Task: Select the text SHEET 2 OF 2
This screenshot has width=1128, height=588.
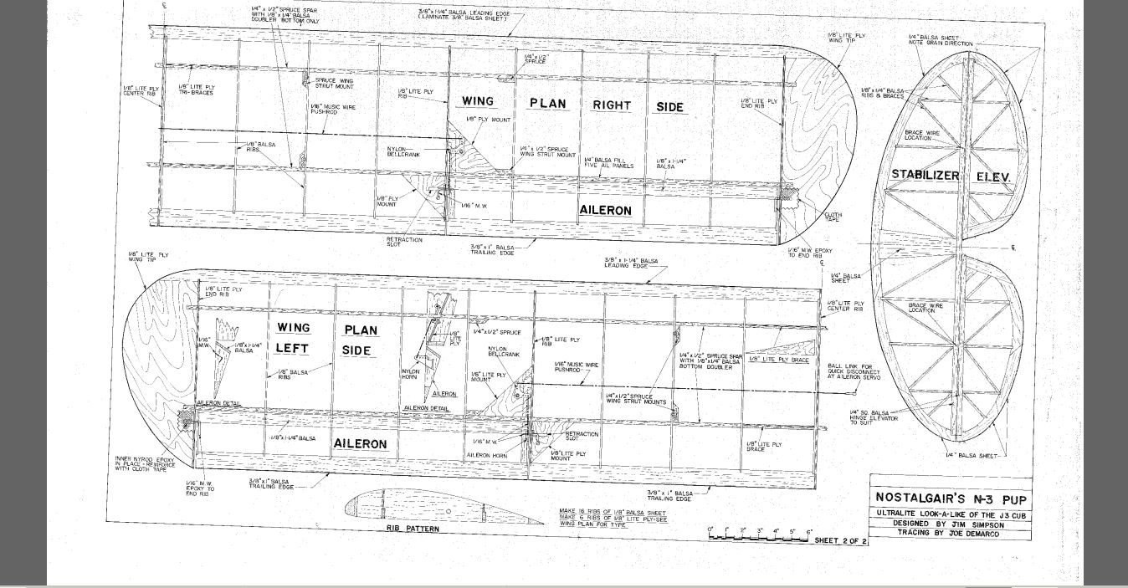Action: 841,541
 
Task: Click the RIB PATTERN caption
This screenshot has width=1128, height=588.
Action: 412,529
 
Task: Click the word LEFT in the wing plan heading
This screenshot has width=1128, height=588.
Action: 293,349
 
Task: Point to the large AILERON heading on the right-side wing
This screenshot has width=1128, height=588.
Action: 605,211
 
